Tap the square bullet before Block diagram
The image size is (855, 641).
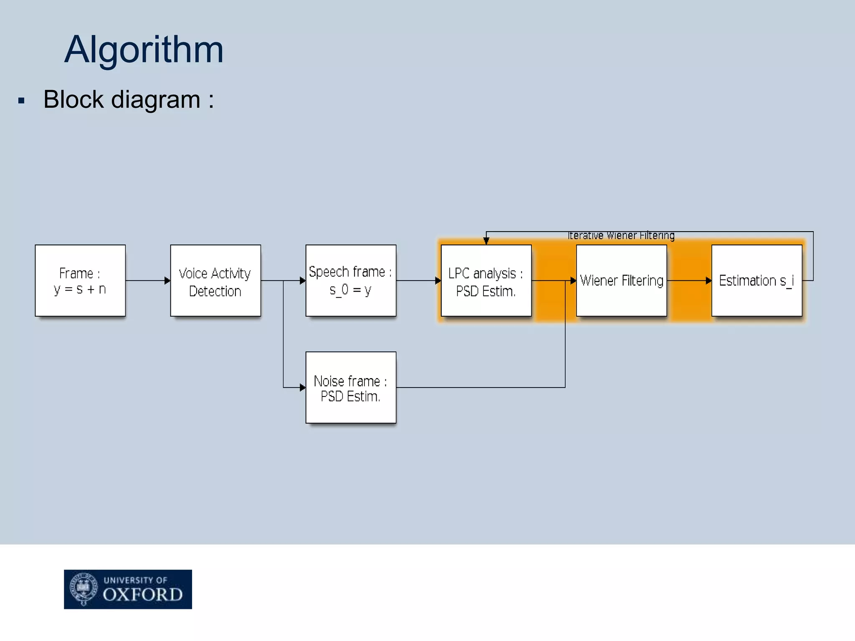(x=22, y=101)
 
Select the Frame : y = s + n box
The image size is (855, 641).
(x=80, y=280)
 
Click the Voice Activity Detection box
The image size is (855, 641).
(x=215, y=280)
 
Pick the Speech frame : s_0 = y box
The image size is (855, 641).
(x=351, y=280)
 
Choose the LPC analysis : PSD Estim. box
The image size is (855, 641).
(x=486, y=280)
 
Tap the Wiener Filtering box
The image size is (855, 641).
(x=621, y=280)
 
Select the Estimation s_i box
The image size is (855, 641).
(x=756, y=280)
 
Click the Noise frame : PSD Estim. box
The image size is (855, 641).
(x=351, y=388)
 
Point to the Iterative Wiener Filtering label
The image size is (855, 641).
(x=621, y=236)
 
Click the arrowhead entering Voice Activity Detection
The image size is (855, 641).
(x=167, y=280)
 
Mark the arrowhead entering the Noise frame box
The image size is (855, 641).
(x=303, y=388)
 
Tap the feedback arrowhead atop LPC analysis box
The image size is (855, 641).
(x=486, y=241)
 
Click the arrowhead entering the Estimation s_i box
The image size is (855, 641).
(x=708, y=280)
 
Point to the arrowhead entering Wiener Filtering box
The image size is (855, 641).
(x=573, y=280)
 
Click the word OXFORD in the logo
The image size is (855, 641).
(x=143, y=595)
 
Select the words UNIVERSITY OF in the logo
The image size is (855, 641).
(x=135, y=580)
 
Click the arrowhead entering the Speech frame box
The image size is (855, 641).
(x=303, y=280)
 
